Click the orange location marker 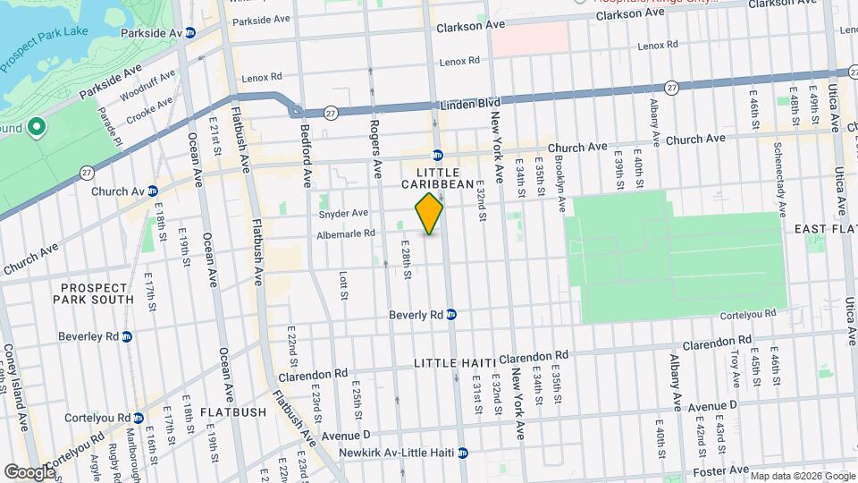pos(429,214)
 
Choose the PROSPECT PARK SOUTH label pos(97,293)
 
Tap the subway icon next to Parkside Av pos(189,32)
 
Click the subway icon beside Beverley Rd pos(127,337)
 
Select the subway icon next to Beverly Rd pos(452,315)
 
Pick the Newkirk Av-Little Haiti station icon pos(463,453)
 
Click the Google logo pos(29,471)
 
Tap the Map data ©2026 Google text pos(802,476)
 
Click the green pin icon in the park pos(37,128)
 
